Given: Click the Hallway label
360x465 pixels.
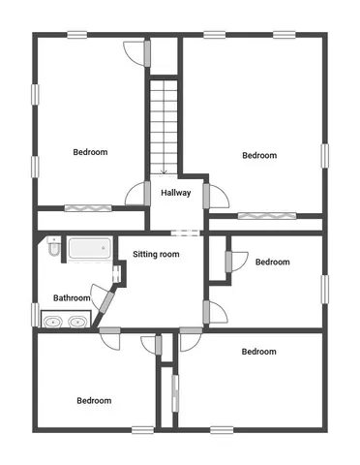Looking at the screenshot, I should pos(175,192).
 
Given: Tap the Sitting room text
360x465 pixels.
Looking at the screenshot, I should pos(156,254).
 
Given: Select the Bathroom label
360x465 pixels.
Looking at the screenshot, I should pos(72,298).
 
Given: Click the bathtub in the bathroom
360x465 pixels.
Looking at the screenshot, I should pos(87,249).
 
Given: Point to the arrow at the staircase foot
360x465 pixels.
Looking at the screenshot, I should pos(165,170).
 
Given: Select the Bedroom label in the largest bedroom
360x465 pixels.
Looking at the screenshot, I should pos(259,155).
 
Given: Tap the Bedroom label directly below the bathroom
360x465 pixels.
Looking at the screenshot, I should pos(94,400).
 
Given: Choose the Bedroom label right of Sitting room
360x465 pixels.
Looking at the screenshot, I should pos(272,262).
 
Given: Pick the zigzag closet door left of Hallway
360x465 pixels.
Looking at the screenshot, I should pos(85,208).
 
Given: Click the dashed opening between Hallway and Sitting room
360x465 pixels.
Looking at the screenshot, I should pos(183,232).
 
